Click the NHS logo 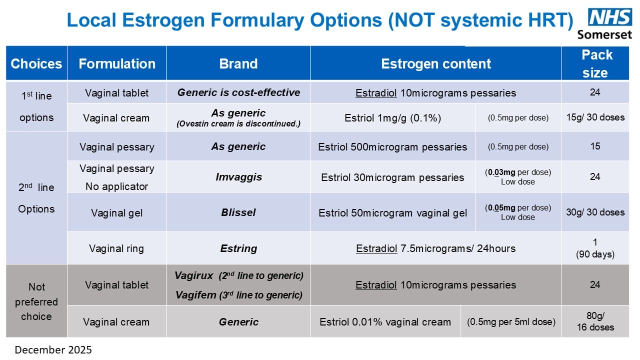[x=610, y=17]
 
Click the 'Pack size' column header [x=595, y=63]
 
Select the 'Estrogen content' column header [x=435, y=63]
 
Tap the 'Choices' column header [x=36, y=63]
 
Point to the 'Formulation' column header [x=117, y=63]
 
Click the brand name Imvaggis [x=238, y=177]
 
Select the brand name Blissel [x=238, y=212]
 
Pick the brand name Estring [x=238, y=248]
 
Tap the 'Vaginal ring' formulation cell [x=116, y=248]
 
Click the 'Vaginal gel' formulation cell [x=116, y=213]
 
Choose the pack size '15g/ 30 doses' [x=595, y=118]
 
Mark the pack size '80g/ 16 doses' [x=595, y=321]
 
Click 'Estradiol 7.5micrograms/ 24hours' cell [x=435, y=248]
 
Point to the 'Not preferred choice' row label [x=36, y=301]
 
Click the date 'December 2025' [x=53, y=350]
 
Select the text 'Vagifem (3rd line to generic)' [x=238, y=295]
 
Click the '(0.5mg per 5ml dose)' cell [x=511, y=322]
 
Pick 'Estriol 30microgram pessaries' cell [x=392, y=177]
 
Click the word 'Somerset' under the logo [x=604, y=34]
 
